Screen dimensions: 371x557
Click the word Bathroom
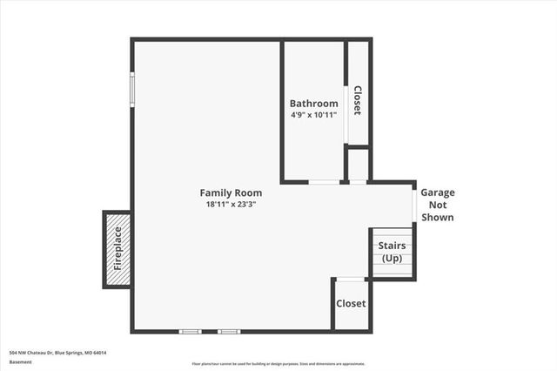pos(313,104)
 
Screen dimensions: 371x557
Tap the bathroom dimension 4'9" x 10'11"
pos(313,115)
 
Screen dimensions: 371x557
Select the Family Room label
pos(231,192)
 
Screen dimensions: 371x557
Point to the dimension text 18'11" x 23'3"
pos(231,205)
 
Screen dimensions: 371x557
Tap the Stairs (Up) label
pos(391,253)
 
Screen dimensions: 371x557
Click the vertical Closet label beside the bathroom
pos(356,100)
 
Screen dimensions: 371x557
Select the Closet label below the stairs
pos(351,304)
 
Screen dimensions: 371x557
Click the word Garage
pos(438,192)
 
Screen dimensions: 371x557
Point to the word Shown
pos(438,218)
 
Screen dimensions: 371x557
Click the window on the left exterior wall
pos(132,88)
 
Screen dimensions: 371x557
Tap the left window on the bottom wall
pos(190,332)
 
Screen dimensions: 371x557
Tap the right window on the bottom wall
pos(229,332)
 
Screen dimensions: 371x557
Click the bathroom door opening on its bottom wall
pos(324,182)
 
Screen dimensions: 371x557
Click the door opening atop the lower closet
pos(351,279)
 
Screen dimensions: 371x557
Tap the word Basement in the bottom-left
pos(20,363)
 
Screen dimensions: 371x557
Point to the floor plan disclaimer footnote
pos(278,364)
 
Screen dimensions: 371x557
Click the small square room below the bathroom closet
pos(358,165)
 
